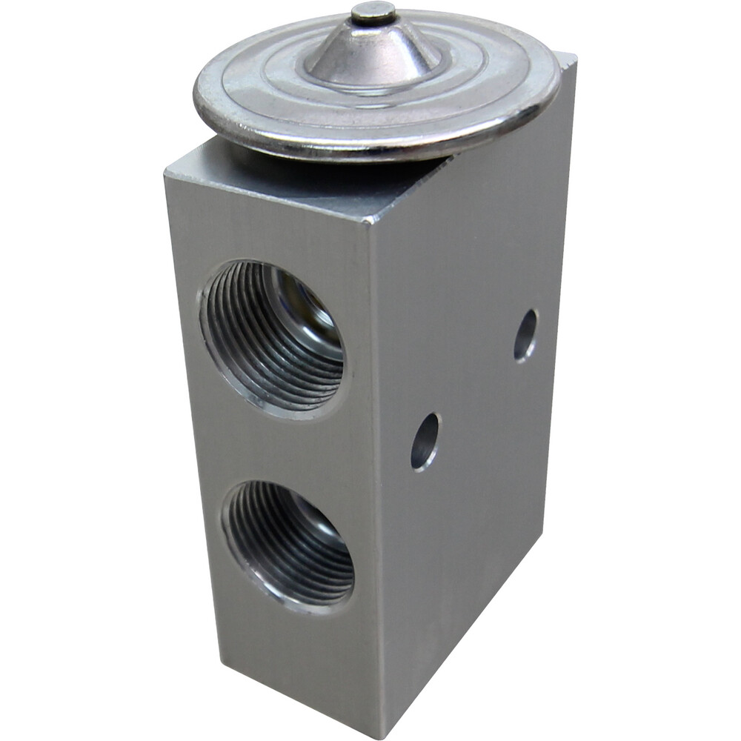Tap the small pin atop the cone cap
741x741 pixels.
(373, 13)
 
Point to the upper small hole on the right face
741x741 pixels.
(525, 335)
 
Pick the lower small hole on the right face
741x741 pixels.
(425, 442)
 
